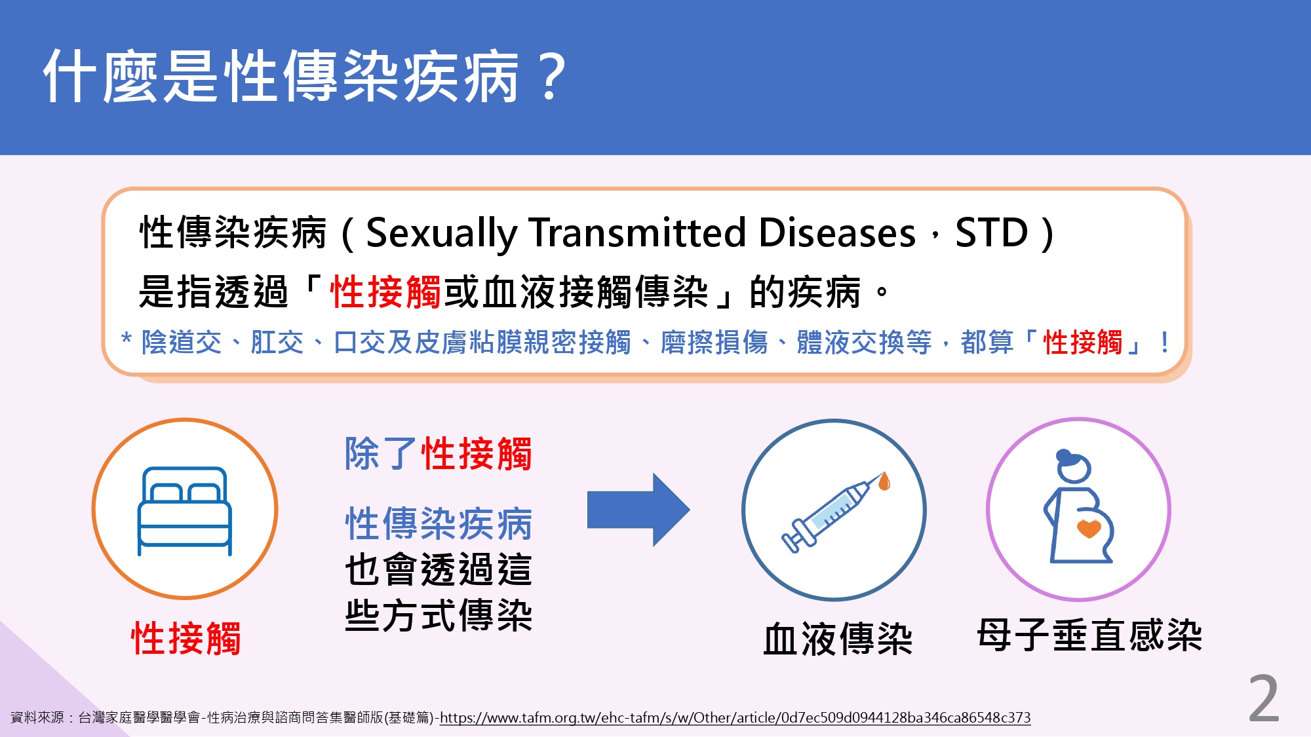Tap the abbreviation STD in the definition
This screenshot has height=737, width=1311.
(991, 233)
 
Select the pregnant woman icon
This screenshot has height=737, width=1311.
(1079, 506)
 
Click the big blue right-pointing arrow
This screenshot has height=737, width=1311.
(638, 510)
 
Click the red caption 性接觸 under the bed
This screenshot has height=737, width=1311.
(186, 638)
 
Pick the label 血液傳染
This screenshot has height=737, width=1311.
(838, 639)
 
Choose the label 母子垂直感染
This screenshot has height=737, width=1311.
(1089, 635)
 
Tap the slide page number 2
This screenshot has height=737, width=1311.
(1264, 699)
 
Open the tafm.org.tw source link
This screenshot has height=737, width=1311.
(735, 718)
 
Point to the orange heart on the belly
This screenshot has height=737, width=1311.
(1089, 528)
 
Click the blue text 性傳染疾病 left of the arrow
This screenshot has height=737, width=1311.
(439, 523)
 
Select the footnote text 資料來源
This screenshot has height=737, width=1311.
(37, 718)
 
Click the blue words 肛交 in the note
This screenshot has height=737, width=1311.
(277, 343)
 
